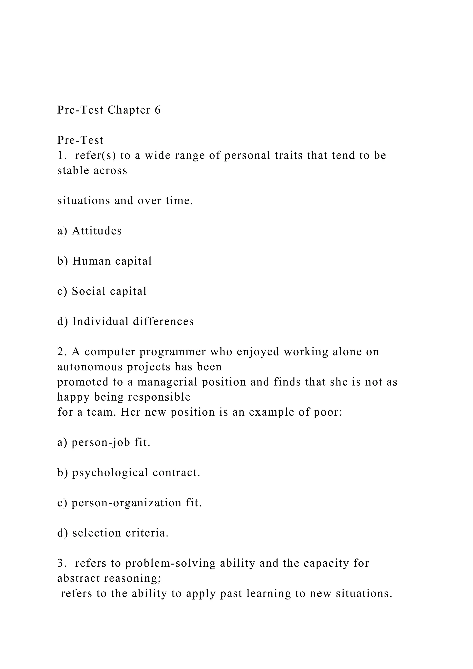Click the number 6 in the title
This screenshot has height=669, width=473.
(x=158, y=110)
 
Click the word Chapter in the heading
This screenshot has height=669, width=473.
(x=129, y=110)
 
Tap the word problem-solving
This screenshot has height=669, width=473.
(x=170, y=563)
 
